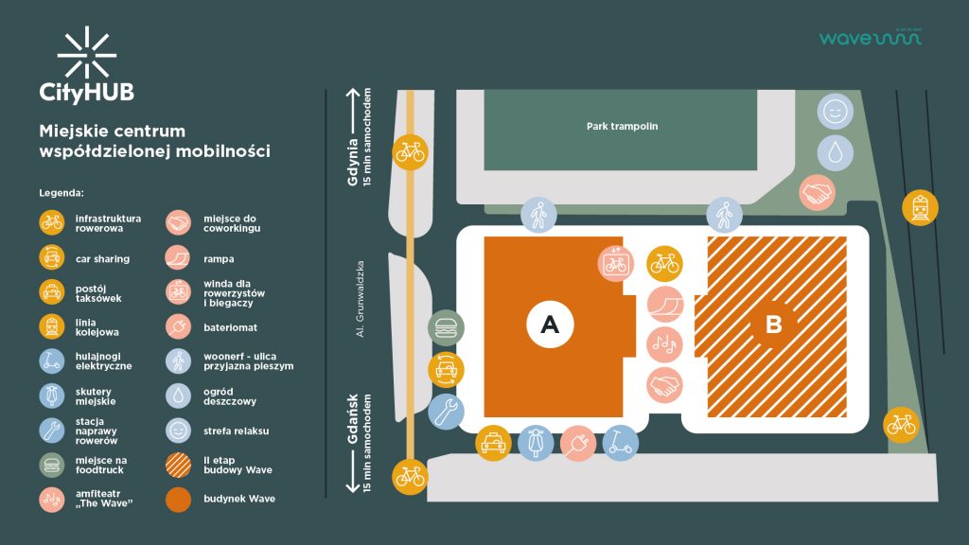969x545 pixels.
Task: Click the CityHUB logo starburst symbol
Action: [x=86, y=55]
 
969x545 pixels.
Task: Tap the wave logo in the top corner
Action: [x=870, y=38]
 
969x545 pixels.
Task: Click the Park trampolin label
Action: [x=622, y=126]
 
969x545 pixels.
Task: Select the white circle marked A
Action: [x=550, y=325]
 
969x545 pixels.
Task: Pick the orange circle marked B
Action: [x=773, y=325]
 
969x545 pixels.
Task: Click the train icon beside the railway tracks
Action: [x=920, y=206]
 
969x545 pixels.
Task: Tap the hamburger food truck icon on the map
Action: [x=446, y=327]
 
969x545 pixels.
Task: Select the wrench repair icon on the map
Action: [x=446, y=411]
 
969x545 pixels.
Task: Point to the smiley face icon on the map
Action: [x=835, y=112]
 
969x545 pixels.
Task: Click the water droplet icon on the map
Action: [x=835, y=152]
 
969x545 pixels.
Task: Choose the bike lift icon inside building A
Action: [x=616, y=262]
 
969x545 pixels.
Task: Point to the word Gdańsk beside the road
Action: [x=354, y=420]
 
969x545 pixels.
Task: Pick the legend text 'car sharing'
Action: [x=102, y=258]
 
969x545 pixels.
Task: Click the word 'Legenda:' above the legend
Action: [x=62, y=192]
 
